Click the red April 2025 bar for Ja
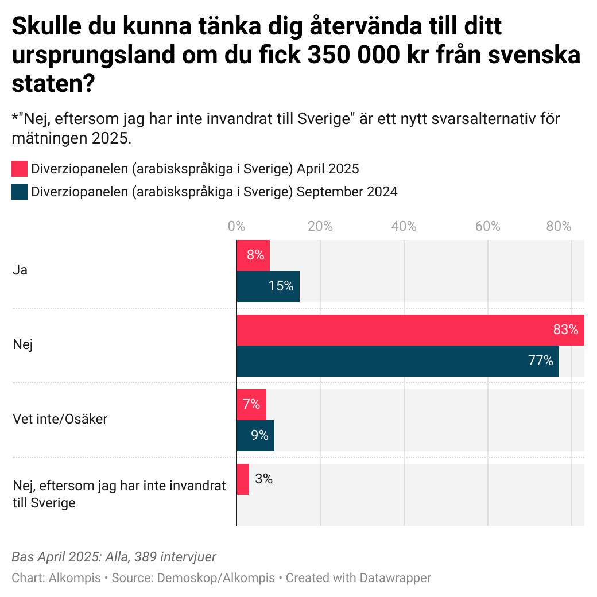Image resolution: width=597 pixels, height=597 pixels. (253, 255)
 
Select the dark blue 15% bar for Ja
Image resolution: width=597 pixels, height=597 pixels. (268, 286)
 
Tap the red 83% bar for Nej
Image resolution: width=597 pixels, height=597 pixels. (410, 330)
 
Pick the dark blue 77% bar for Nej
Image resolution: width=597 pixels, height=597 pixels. (397, 361)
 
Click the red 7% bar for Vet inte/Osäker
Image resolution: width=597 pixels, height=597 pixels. (251, 404)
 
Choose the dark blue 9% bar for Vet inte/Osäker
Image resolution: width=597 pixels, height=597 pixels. (255, 435)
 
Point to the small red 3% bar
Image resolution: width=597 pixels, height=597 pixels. (243, 479)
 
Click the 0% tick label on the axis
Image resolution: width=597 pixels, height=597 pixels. (236, 227)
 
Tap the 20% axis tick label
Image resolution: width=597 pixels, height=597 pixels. (320, 227)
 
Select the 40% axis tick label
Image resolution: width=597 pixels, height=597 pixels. (404, 227)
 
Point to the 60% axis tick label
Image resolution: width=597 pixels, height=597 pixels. (487, 227)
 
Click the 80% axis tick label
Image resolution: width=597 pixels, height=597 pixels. (559, 227)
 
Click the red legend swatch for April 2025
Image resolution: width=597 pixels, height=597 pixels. (20, 169)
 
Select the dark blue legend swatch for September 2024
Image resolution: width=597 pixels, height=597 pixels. (20, 192)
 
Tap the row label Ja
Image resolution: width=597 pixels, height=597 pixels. (20, 270)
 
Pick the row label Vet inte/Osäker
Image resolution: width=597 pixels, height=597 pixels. (60, 419)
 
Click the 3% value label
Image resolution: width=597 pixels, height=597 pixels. (263, 479)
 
